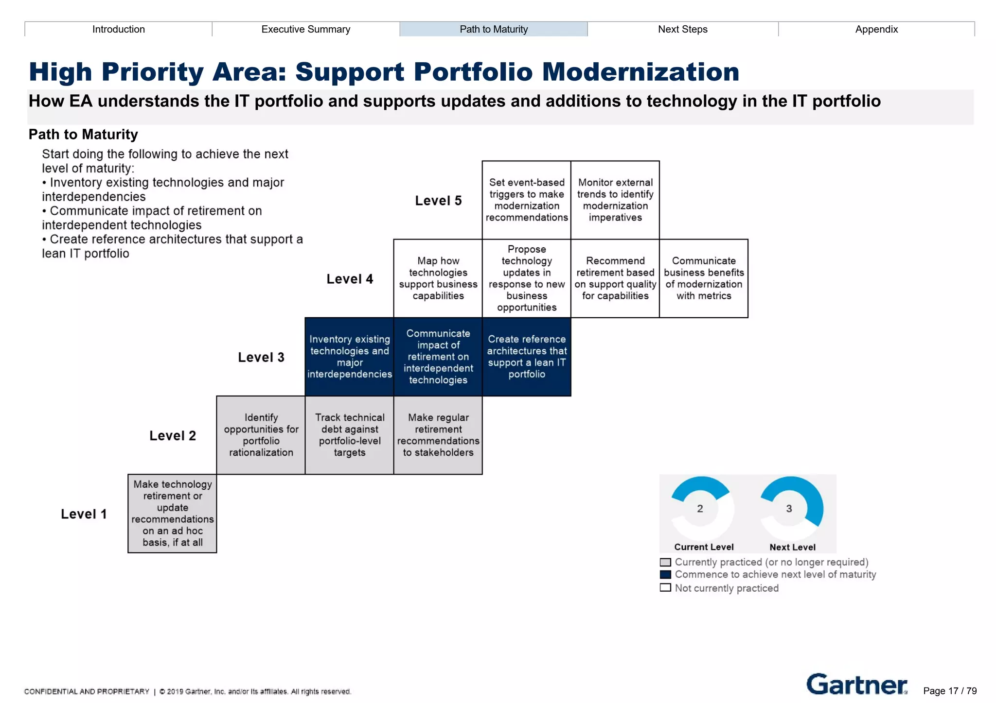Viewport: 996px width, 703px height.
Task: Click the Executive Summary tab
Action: click(305, 29)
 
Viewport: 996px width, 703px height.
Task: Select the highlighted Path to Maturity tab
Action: click(494, 29)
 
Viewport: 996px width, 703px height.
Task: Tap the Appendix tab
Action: click(876, 29)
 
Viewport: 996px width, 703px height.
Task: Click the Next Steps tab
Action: click(682, 29)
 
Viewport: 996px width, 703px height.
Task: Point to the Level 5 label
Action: click(438, 201)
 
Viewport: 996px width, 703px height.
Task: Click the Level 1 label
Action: click(84, 514)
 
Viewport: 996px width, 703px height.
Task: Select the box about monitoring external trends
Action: click(615, 200)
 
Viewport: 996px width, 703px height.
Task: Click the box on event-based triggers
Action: click(527, 200)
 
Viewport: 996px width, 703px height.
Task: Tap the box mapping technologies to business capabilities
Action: click(438, 278)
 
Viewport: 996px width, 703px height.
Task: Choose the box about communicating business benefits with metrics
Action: click(704, 278)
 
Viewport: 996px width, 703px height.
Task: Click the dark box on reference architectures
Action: click(527, 357)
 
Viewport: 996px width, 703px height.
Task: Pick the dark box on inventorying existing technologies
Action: click(349, 357)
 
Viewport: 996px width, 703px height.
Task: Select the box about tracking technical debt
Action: click(349, 435)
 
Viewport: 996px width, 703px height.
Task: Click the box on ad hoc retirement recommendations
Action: click(172, 514)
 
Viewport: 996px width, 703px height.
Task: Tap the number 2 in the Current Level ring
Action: click(700, 509)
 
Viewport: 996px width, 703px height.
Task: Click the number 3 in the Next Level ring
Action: click(789, 509)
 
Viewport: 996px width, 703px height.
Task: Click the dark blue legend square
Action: click(665, 575)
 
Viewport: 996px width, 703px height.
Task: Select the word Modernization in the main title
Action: click(640, 72)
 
